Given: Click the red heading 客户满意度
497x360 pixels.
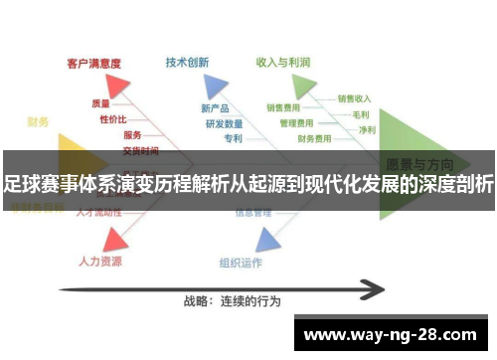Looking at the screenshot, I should [x=93, y=63].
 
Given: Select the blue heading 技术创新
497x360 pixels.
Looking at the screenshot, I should [x=187, y=62].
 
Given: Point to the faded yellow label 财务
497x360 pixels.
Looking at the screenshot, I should [x=39, y=122].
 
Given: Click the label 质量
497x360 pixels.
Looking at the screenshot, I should [x=100, y=102].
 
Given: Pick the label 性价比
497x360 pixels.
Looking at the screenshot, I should [x=113, y=118].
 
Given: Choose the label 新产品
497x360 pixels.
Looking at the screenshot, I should [x=215, y=107].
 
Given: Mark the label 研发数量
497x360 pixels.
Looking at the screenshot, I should [x=224, y=123].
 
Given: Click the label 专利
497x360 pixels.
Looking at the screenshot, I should [x=233, y=138].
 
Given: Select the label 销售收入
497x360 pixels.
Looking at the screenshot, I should [x=354, y=98].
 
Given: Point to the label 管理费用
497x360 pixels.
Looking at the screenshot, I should [x=296, y=123].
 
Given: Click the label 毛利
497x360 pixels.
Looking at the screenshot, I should [x=361, y=113].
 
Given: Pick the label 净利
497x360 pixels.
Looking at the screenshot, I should [x=367, y=129].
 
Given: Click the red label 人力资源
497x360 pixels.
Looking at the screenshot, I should [x=99, y=262].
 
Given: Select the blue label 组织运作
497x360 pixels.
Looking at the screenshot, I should [x=240, y=263].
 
